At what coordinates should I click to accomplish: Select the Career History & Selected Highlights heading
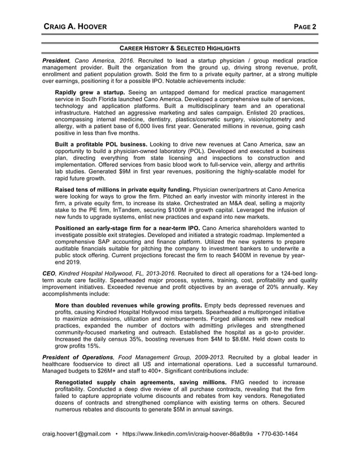click(180, 48)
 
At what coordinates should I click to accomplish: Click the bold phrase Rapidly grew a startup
click(90, 92)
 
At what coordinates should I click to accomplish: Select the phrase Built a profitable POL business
click(101, 144)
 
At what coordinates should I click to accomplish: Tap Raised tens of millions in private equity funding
click(123, 188)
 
